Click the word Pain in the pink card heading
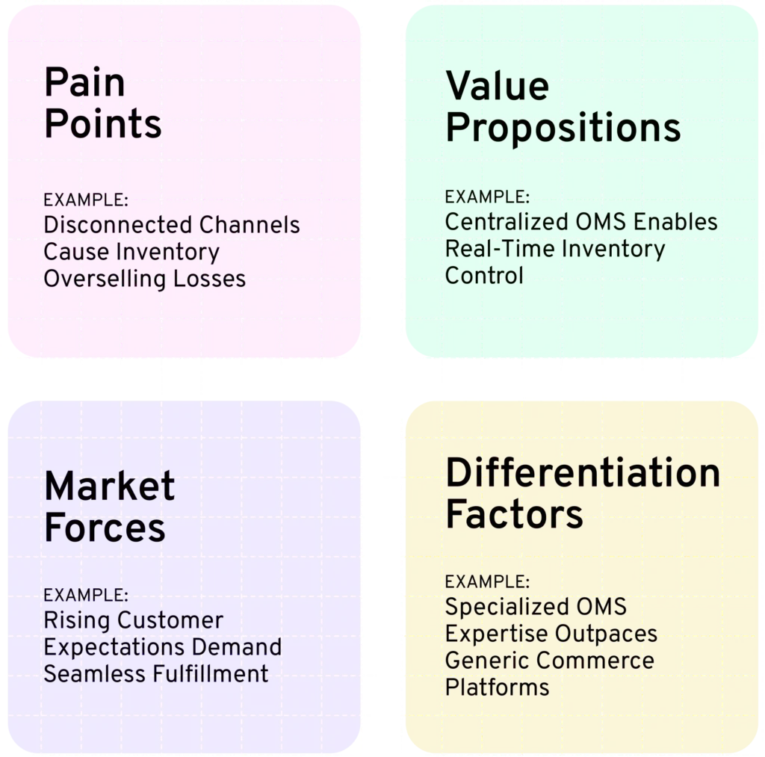click(x=84, y=81)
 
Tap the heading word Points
click(x=102, y=123)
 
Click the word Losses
click(x=209, y=279)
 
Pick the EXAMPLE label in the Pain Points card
click(x=86, y=200)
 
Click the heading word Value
click(x=497, y=85)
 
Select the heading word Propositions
click(x=563, y=128)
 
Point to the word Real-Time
click(x=500, y=248)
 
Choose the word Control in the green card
click(x=484, y=275)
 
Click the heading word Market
click(x=109, y=486)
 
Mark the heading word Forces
click(x=105, y=528)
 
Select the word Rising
click(x=77, y=620)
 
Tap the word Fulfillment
click(x=210, y=674)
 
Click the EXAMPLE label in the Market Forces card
click(x=86, y=596)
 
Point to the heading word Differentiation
click(x=583, y=472)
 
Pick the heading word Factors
click(x=514, y=514)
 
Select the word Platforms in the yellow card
click(x=497, y=688)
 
